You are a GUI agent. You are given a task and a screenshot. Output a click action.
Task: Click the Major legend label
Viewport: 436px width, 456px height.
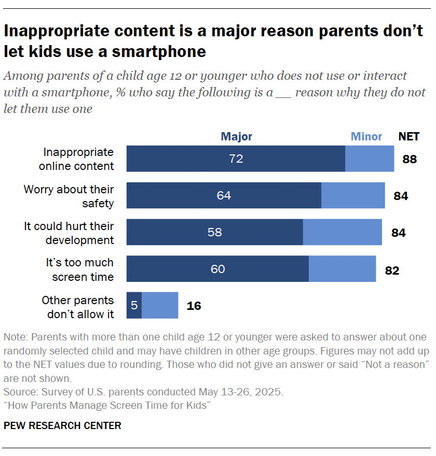(236, 137)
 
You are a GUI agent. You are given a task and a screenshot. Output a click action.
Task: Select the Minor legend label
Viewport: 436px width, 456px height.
(366, 137)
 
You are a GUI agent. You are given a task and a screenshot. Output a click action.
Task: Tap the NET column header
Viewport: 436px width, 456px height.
(409, 137)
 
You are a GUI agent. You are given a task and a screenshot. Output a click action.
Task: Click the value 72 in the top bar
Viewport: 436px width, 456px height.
(236, 159)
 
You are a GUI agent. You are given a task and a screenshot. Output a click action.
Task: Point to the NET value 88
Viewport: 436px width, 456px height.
(410, 159)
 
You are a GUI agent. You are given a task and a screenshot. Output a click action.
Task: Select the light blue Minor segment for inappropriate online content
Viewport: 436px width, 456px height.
(370, 159)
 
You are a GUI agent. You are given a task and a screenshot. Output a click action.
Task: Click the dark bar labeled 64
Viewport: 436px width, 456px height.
(224, 195)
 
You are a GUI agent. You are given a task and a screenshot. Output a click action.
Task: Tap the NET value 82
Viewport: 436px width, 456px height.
(392, 270)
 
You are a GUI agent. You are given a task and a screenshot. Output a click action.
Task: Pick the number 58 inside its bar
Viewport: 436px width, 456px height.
(214, 232)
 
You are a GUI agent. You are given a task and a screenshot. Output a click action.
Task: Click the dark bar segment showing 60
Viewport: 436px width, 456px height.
(217, 269)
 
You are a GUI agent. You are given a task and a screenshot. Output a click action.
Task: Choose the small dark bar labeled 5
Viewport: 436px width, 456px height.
(134, 305)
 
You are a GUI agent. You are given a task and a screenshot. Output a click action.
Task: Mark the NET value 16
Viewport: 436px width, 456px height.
(194, 306)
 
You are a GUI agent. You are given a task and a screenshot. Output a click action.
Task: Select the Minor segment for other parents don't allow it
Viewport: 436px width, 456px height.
(160, 305)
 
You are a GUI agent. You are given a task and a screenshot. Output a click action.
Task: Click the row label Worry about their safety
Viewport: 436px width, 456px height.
(69, 196)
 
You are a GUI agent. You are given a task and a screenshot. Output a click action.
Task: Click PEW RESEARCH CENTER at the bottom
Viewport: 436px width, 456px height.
(62, 426)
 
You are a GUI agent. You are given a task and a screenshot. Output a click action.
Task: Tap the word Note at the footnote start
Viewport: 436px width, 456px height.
(14, 337)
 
